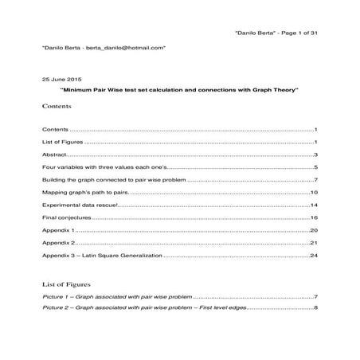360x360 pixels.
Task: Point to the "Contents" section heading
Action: (x=56, y=106)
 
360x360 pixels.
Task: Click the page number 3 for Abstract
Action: (x=316, y=155)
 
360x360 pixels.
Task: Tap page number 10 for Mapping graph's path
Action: (x=315, y=192)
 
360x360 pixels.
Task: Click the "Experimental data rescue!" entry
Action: (x=80, y=205)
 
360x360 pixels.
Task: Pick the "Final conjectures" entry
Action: (x=66, y=217)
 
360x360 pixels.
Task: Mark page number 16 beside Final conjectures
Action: (x=315, y=217)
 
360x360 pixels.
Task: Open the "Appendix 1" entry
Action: (x=57, y=230)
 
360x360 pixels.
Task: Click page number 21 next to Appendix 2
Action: (x=315, y=243)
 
